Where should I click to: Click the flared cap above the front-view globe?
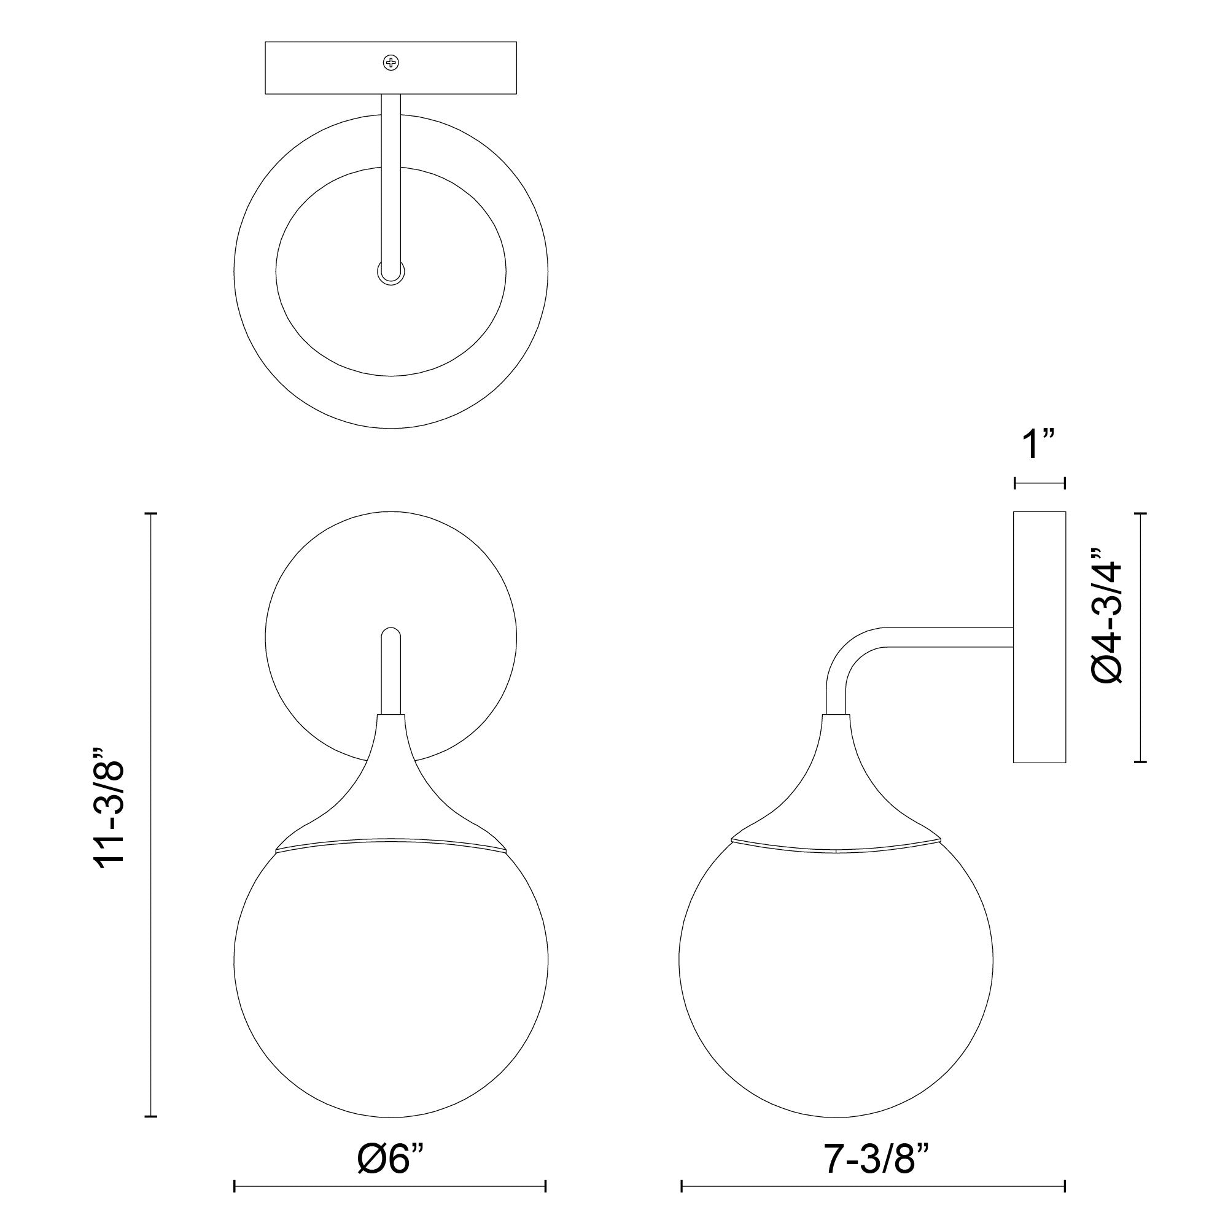coord(391,801)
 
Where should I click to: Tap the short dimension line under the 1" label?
coord(1039,484)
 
